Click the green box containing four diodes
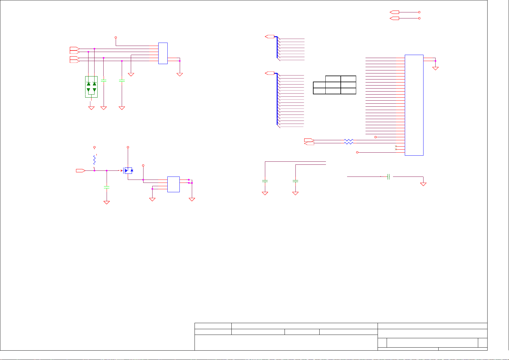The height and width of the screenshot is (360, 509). pyautogui.click(x=91, y=87)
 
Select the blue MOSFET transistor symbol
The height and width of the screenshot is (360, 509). pyautogui.click(x=128, y=170)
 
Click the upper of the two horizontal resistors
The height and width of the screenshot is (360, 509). pyautogui.click(x=349, y=140)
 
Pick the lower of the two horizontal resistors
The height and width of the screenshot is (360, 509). pyautogui.click(x=349, y=143)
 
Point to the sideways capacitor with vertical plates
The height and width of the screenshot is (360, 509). pyautogui.click(x=389, y=177)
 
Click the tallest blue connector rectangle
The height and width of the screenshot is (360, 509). pyautogui.click(x=414, y=105)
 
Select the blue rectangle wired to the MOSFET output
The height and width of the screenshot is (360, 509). pyautogui.click(x=173, y=184)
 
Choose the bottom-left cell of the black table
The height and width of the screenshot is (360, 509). pyautogui.click(x=319, y=91)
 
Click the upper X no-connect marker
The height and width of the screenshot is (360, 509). pyautogui.click(x=396, y=146)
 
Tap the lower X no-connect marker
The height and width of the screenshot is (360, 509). pyautogui.click(x=396, y=149)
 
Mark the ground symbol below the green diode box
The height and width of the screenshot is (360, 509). pyautogui.click(x=91, y=108)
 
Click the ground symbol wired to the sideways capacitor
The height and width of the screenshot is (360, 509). pyautogui.click(x=423, y=184)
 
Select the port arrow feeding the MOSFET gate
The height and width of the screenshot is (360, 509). pyautogui.click(x=81, y=171)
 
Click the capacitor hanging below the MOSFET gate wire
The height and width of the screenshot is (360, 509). pyautogui.click(x=106, y=187)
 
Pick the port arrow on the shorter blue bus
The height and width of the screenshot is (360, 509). pyautogui.click(x=269, y=37)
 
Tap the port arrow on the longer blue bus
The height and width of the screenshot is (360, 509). pyautogui.click(x=269, y=73)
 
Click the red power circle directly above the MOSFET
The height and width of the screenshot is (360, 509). pyautogui.click(x=128, y=147)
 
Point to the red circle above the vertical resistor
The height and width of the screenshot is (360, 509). pyautogui.click(x=95, y=147)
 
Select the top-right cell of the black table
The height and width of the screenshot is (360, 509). pyautogui.click(x=348, y=79)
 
